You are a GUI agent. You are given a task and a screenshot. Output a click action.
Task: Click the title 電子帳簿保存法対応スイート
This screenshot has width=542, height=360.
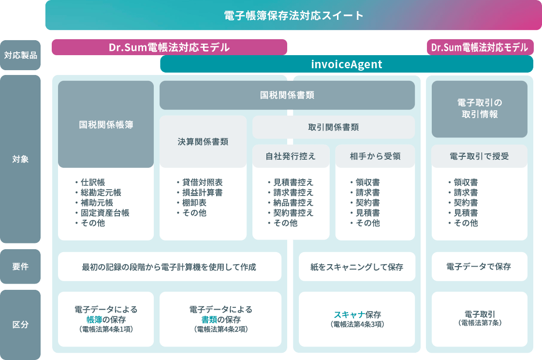click(x=293, y=15)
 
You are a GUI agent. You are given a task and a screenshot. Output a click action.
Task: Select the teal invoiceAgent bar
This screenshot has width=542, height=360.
click(x=347, y=64)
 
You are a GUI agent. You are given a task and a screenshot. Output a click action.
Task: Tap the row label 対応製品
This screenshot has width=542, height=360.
click(x=20, y=55)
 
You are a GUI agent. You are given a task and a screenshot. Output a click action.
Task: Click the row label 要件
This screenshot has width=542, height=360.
click(x=20, y=266)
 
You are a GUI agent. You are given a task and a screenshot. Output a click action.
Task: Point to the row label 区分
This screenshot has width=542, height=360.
click(x=20, y=325)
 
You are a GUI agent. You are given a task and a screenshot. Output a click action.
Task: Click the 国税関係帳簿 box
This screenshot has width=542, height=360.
click(x=106, y=124)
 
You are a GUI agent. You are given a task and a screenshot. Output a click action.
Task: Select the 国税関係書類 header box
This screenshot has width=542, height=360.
click(x=287, y=95)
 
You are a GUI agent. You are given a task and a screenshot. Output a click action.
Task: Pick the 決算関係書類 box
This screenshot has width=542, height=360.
click(x=203, y=141)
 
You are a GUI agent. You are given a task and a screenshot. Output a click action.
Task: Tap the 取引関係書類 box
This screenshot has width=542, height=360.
click(x=333, y=127)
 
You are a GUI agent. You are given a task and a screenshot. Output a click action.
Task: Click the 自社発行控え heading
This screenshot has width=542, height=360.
click(x=291, y=156)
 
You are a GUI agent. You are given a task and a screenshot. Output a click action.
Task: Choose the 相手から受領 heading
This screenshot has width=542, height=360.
click(x=375, y=156)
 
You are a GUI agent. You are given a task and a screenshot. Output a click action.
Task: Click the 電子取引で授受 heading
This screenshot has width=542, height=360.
click(x=480, y=156)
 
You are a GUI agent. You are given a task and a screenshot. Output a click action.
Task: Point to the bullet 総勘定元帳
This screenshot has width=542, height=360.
click(x=101, y=192)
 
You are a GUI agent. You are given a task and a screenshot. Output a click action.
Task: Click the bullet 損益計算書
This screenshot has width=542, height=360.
click(x=202, y=192)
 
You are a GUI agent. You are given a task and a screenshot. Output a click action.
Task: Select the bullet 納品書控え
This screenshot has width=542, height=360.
click(x=293, y=202)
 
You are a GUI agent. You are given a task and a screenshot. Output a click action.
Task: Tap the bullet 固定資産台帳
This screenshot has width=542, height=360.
click(x=105, y=213)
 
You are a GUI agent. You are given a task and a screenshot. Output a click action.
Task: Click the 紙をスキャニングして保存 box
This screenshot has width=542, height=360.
click(x=357, y=267)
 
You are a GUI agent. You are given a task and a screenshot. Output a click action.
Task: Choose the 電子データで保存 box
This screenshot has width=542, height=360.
click(x=480, y=266)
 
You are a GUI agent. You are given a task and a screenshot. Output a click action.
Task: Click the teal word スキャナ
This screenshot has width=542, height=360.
click(x=349, y=315)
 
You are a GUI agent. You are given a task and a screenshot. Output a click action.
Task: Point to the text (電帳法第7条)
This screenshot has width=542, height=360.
click(x=480, y=323)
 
